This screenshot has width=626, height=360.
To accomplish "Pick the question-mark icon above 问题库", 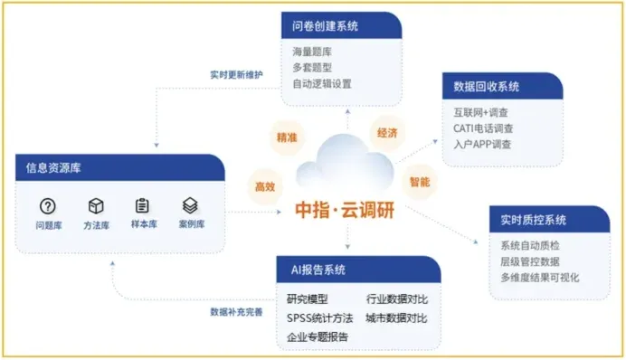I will point(49,205).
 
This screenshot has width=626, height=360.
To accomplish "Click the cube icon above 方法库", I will point(96,205).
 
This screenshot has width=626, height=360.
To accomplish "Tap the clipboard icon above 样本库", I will point(142,205).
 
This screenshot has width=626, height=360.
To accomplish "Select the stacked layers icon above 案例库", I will point(190,205).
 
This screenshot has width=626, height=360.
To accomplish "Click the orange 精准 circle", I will point(288,138).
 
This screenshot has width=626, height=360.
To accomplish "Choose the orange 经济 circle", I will point(386,133).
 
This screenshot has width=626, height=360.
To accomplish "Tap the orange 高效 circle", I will point(264,186).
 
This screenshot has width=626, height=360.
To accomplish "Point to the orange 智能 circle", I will point(420,181).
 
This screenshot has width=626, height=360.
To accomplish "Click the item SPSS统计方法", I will point(319,317).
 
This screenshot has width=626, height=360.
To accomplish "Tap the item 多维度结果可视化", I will point(539,278).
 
